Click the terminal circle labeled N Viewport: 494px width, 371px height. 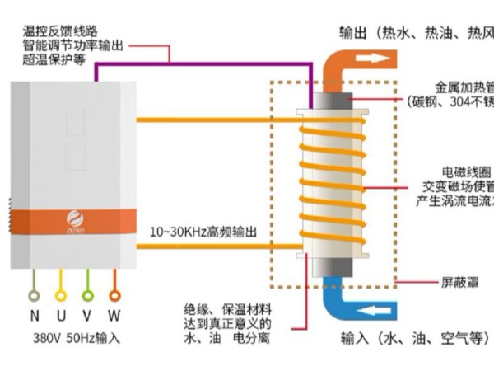(x=34, y=294)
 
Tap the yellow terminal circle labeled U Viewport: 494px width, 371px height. (x=60, y=294)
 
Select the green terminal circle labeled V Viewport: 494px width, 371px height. (x=87, y=294)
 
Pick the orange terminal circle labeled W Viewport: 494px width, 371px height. (x=114, y=294)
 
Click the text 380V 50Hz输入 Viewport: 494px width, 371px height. (x=75, y=338)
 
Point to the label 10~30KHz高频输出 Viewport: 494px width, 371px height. (x=203, y=232)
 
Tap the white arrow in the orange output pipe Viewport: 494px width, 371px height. (x=377, y=59)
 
